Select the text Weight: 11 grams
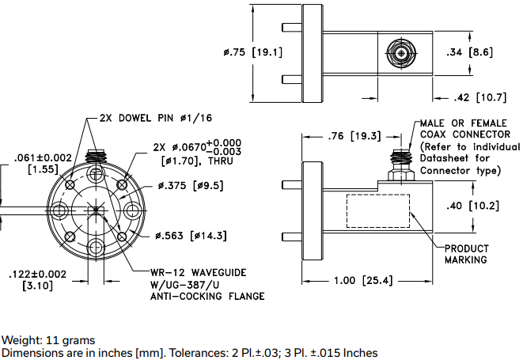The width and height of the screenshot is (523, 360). tap(48, 340)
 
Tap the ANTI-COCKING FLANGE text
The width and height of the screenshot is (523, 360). tap(207, 296)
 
